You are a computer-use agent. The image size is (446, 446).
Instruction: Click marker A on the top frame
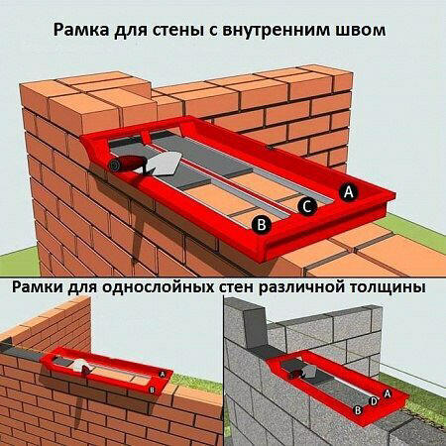(x=347, y=192)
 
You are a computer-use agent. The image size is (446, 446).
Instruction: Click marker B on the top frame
(x=261, y=225)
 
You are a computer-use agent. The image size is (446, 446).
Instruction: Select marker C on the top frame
(x=309, y=207)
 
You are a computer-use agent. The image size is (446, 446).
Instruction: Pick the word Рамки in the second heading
(x=43, y=287)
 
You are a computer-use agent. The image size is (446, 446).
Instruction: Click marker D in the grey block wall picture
(x=372, y=400)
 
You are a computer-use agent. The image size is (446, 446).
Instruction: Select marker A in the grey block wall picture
(x=387, y=392)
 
